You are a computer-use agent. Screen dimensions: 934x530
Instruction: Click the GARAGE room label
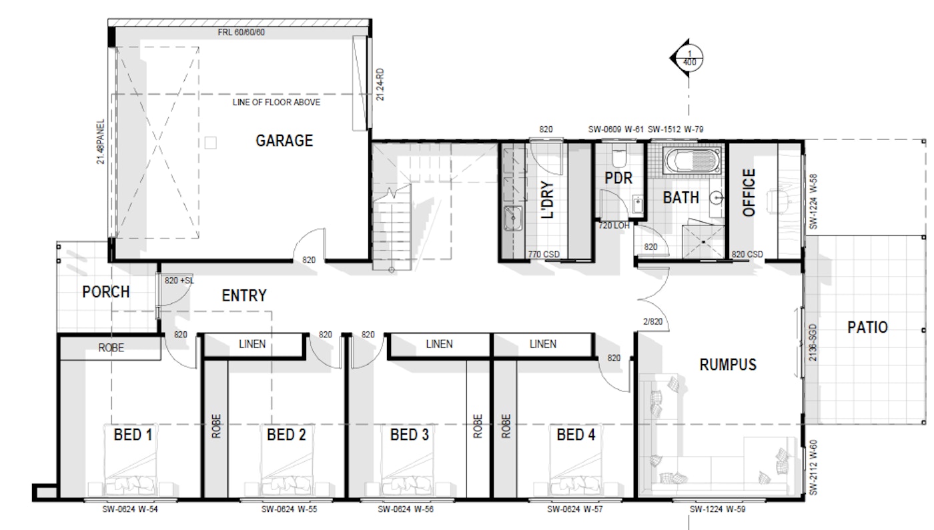pyautogui.click(x=284, y=141)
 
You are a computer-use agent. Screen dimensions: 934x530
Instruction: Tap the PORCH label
pyautogui.click(x=106, y=292)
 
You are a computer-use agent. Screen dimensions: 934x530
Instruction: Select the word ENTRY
pyautogui.click(x=244, y=295)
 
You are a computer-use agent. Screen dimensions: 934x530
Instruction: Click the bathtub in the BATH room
pyautogui.click(x=692, y=161)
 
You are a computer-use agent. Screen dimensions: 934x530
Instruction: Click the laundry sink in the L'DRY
pyautogui.click(x=513, y=218)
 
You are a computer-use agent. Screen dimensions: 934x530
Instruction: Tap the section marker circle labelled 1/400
pyautogui.click(x=689, y=58)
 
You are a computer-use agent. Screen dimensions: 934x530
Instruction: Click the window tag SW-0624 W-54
pyautogui.click(x=130, y=509)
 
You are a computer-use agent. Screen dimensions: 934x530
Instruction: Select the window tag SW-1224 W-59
pyautogui.click(x=718, y=509)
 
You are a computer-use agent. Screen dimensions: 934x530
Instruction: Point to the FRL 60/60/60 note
pyautogui.click(x=241, y=32)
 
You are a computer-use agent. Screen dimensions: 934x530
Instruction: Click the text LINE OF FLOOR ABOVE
pyautogui.click(x=276, y=102)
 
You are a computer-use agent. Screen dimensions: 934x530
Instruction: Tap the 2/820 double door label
pyautogui.click(x=652, y=321)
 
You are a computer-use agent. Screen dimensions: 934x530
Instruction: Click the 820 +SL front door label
pyautogui.click(x=179, y=281)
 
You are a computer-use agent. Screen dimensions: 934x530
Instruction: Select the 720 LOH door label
pyautogui.click(x=614, y=225)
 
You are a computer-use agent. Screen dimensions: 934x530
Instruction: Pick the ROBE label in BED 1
pyautogui.click(x=111, y=347)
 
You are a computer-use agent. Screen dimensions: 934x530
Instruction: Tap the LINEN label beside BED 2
pyautogui.click(x=252, y=344)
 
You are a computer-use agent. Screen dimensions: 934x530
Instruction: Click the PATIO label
pyautogui.click(x=867, y=327)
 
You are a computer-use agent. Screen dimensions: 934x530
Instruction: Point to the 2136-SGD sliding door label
pyautogui.click(x=813, y=343)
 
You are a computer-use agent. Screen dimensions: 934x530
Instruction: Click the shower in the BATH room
pyautogui.click(x=703, y=242)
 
